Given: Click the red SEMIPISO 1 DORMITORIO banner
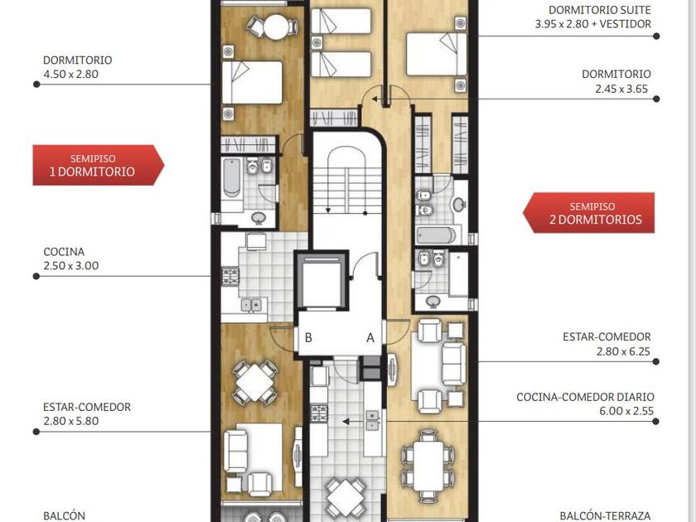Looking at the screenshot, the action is click(x=98, y=165).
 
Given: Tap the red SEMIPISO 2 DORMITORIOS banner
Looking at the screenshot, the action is click(x=588, y=213).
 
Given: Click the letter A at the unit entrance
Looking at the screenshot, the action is click(x=370, y=338).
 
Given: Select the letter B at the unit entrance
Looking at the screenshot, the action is click(x=308, y=338).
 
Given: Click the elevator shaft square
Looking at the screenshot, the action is click(x=321, y=281).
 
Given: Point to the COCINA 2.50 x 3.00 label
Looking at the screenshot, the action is click(x=71, y=259).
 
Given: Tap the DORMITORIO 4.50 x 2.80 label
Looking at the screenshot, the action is click(x=77, y=67).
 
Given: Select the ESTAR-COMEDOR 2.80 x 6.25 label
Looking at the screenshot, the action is click(x=607, y=344).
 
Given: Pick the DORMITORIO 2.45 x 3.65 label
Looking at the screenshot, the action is click(x=616, y=81).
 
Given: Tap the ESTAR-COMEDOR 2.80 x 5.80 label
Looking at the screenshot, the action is click(x=87, y=414).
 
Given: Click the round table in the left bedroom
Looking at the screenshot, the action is click(x=276, y=27).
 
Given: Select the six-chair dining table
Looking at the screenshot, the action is click(x=428, y=466).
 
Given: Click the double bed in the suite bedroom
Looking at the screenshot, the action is click(x=437, y=54).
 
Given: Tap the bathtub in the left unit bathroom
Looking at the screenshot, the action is click(x=232, y=177).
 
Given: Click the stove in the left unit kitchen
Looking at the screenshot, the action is click(x=230, y=276).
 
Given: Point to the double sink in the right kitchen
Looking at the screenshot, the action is click(x=372, y=420).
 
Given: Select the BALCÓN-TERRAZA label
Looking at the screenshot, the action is click(x=605, y=516).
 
